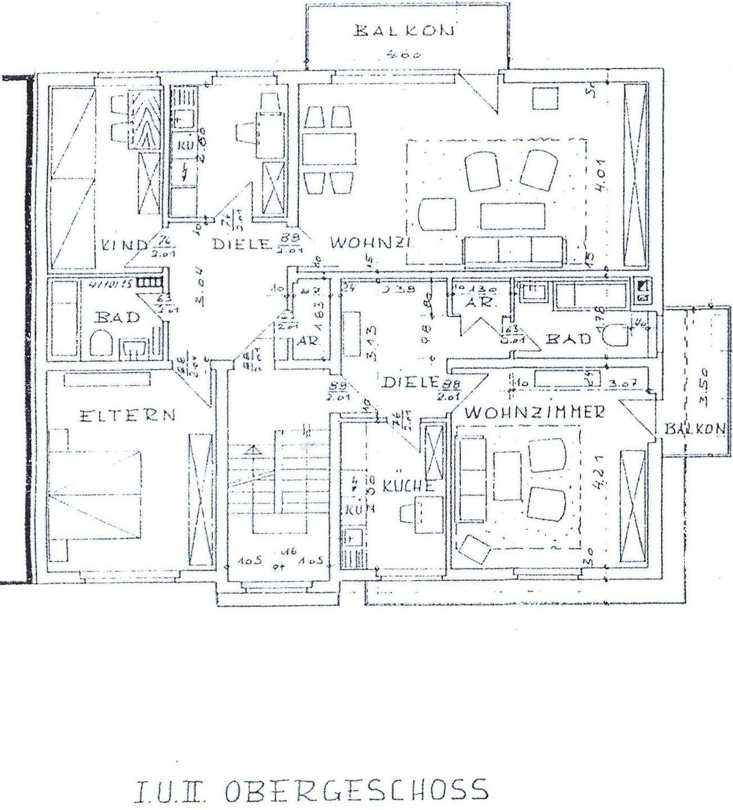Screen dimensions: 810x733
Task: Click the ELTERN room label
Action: pos(127,416)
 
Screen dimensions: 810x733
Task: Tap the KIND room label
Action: pos(125,245)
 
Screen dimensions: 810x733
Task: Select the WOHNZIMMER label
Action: pos(535,412)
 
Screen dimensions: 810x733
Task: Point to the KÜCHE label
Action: pos(409,486)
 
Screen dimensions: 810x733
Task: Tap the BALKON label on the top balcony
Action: pos(403,31)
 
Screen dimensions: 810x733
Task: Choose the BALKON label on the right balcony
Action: pos(695,429)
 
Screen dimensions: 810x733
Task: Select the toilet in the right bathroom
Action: pos(616,336)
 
